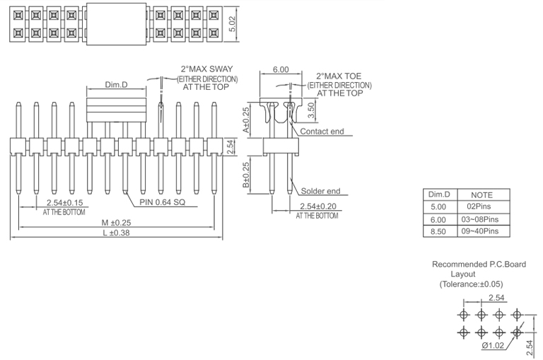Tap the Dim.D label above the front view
click(x=117, y=85)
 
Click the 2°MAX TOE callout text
click(x=339, y=75)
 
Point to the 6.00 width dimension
click(x=281, y=70)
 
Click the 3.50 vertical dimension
click(x=311, y=111)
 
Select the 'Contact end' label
click(x=322, y=132)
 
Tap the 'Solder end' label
click(x=320, y=191)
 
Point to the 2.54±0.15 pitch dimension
click(x=64, y=203)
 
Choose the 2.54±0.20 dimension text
click(x=316, y=206)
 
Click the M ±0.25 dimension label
click(x=117, y=223)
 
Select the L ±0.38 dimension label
click(x=117, y=233)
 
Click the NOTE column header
click(x=481, y=194)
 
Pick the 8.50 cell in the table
click(x=438, y=231)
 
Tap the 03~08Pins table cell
click(x=481, y=219)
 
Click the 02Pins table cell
click(x=481, y=207)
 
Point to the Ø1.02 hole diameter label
click(x=493, y=346)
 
